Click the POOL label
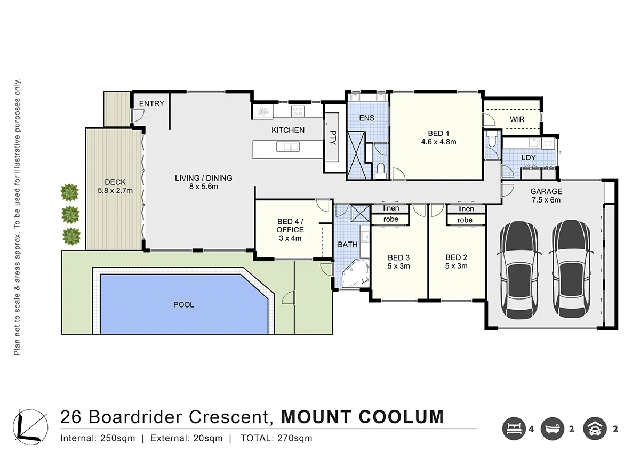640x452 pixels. [x=183, y=305]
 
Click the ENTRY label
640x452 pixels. [x=151, y=103]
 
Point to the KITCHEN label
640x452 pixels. [x=288, y=130]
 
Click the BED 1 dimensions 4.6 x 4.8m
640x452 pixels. [x=438, y=142]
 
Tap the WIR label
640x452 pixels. [x=517, y=119]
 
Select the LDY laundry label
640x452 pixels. [x=528, y=158]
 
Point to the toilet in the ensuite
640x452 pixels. [x=380, y=171]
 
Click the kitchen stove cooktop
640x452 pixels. [x=297, y=111]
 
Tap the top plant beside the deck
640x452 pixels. [x=69, y=192]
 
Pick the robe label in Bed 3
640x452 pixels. [x=391, y=219]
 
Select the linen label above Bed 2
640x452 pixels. [x=466, y=209]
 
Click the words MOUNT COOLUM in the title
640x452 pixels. [x=362, y=416]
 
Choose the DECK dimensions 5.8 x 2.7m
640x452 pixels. [x=115, y=190]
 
